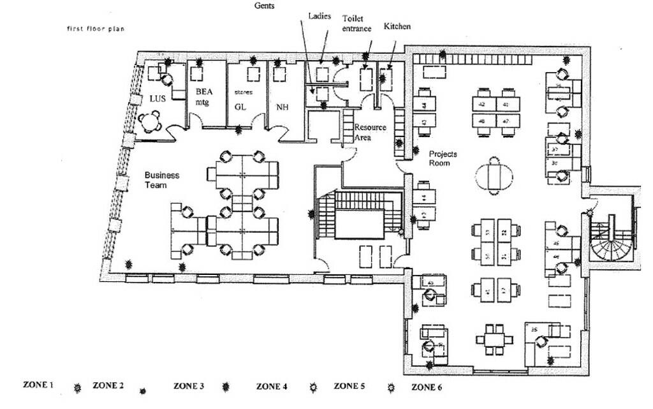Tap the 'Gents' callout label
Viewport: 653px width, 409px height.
click(x=265, y=5)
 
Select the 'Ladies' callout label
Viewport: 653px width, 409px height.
click(x=319, y=16)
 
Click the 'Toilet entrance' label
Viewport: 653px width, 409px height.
click(x=357, y=24)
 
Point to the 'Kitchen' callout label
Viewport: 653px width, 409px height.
click(x=397, y=26)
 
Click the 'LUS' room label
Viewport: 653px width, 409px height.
click(x=158, y=99)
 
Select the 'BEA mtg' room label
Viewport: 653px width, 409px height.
click(x=203, y=96)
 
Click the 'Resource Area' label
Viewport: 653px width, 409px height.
click(x=371, y=131)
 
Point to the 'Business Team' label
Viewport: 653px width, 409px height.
click(x=162, y=180)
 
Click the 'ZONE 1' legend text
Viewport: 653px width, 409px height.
click(x=38, y=385)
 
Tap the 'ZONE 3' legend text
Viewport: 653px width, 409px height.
click(x=189, y=386)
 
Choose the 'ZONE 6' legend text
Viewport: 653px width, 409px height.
click(x=427, y=387)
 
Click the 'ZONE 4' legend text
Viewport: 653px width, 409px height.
click(x=272, y=386)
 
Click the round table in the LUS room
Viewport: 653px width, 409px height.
click(x=153, y=120)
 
